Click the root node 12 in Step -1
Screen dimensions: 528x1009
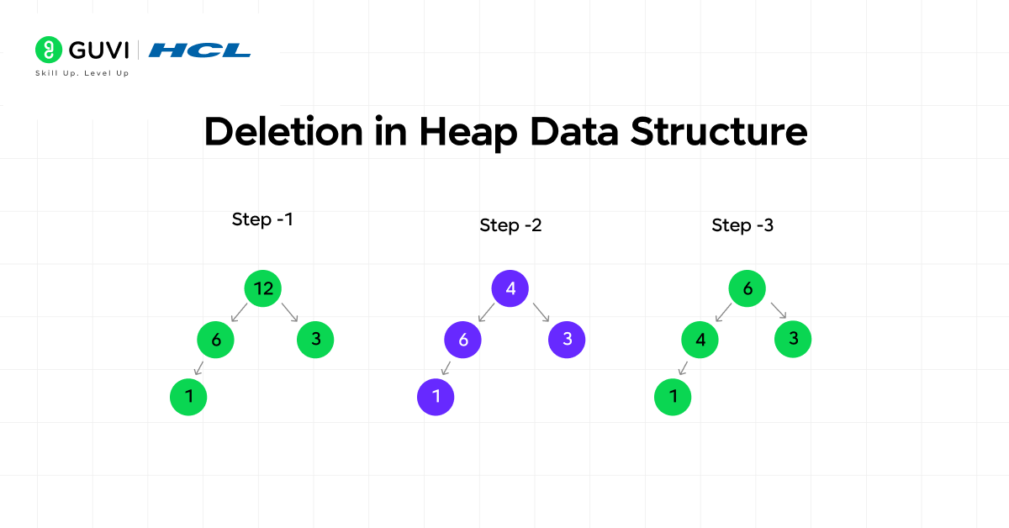click(263, 288)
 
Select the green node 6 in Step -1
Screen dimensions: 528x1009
click(215, 340)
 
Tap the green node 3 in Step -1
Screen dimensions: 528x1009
click(315, 340)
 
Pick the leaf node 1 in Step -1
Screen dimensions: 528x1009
click(188, 397)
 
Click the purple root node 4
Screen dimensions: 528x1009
click(510, 288)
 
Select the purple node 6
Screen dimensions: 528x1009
click(462, 340)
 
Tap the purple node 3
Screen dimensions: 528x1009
click(567, 340)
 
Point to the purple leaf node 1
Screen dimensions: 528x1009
click(436, 397)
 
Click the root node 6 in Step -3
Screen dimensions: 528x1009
click(747, 288)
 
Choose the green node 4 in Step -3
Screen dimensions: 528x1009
click(700, 340)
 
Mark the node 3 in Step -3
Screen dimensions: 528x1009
click(793, 340)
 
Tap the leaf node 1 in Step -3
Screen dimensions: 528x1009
click(673, 397)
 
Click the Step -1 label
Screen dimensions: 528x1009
click(262, 219)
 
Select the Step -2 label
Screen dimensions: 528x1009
click(510, 225)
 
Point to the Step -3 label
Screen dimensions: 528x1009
click(742, 225)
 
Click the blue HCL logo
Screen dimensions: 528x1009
click(199, 50)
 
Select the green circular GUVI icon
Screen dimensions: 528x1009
click(49, 50)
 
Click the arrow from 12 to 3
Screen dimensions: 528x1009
click(290, 313)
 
